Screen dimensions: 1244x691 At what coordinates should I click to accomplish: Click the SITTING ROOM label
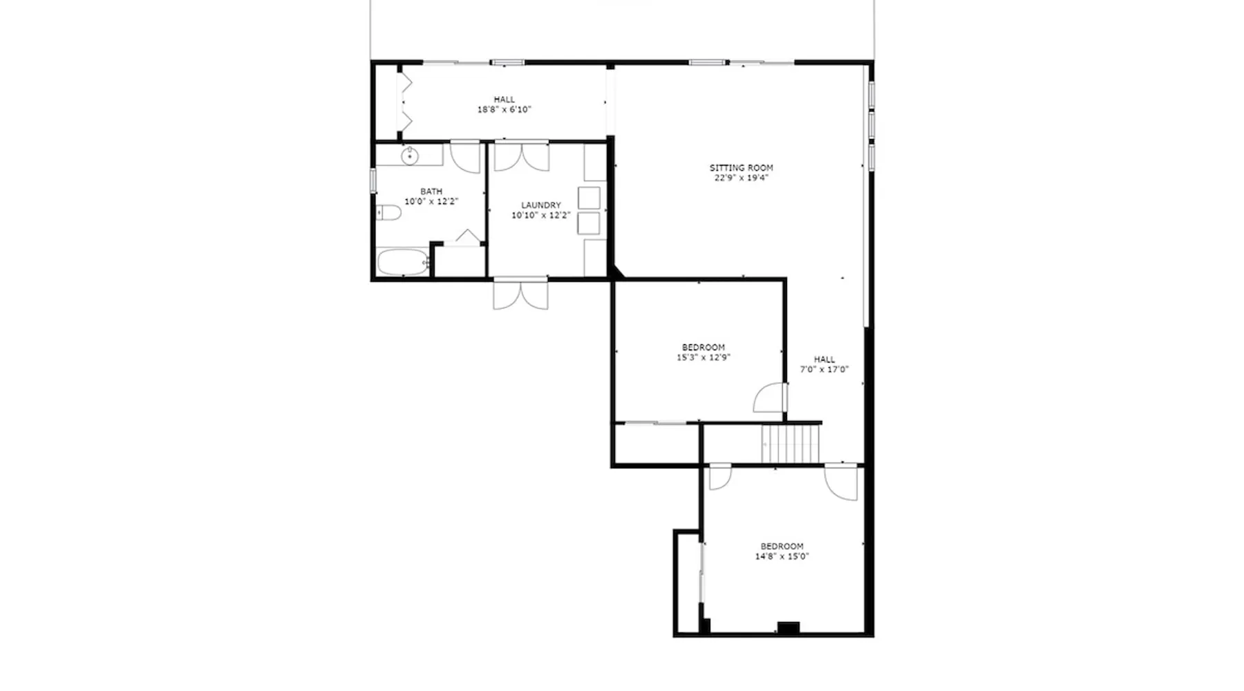[x=741, y=167]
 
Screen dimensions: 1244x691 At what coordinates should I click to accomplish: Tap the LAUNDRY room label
[x=540, y=205]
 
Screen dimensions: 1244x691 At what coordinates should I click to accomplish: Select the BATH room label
[x=431, y=191]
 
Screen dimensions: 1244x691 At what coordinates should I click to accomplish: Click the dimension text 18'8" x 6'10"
[x=504, y=109]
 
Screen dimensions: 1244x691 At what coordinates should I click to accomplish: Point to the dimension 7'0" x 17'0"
[x=824, y=369]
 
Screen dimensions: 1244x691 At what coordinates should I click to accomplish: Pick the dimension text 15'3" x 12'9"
[x=704, y=357]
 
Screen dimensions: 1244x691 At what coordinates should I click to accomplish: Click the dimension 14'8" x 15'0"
[x=782, y=556]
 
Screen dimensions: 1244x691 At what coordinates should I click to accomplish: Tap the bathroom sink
[x=410, y=155]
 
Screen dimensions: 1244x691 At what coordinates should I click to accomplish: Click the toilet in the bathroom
[x=389, y=212]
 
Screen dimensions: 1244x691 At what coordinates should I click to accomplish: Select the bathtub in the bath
[x=403, y=263]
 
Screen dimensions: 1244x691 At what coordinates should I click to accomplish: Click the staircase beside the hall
[x=791, y=444]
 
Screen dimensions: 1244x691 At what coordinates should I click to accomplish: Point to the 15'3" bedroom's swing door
[x=770, y=398]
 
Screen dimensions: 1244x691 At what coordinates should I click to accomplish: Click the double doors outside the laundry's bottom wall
[x=520, y=294]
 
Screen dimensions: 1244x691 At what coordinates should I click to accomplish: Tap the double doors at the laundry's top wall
[x=522, y=156]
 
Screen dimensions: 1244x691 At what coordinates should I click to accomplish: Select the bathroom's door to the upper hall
[x=465, y=157]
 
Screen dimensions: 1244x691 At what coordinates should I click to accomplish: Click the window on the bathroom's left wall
[x=373, y=180]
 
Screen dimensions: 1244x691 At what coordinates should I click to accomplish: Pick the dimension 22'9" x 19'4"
[x=741, y=178]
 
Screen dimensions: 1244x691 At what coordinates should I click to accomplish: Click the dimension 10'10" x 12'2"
[x=540, y=216]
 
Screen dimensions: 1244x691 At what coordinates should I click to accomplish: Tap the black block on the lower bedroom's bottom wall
[x=789, y=627]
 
